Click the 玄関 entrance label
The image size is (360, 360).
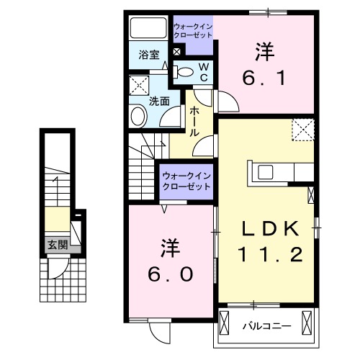tap(58, 244)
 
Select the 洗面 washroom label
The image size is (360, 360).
tap(159, 102)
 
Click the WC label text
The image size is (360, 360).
tap(203, 71)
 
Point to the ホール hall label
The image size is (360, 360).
tap(194, 122)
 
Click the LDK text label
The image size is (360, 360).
tap(269, 228)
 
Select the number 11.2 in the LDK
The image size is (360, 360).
tap(269, 254)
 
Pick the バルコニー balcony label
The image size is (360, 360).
tap(266, 325)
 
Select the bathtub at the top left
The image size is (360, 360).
tap(148, 29)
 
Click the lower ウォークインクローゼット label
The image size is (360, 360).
tap(186, 180)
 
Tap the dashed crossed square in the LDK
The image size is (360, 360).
tap(302, 130)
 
